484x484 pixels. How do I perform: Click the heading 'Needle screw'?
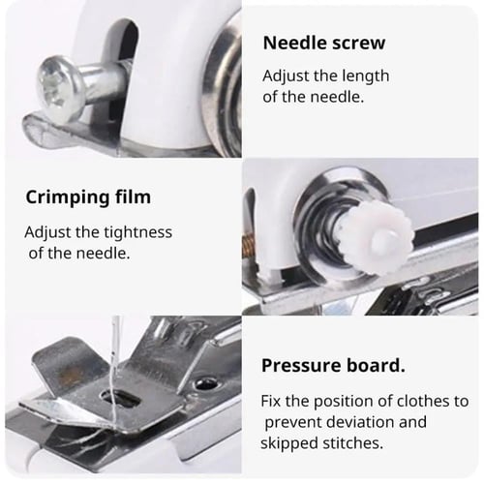[x=324, y=43]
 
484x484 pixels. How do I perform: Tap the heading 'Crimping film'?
[x=88, y=197]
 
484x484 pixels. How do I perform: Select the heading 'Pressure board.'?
[x=333, y=366]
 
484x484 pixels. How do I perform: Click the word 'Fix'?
[x=271, y=401]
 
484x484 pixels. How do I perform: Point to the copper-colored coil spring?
[x=249, y=246]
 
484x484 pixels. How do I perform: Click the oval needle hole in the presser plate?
[x=121, y=398]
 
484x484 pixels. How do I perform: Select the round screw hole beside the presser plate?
[x=206, y=384]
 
